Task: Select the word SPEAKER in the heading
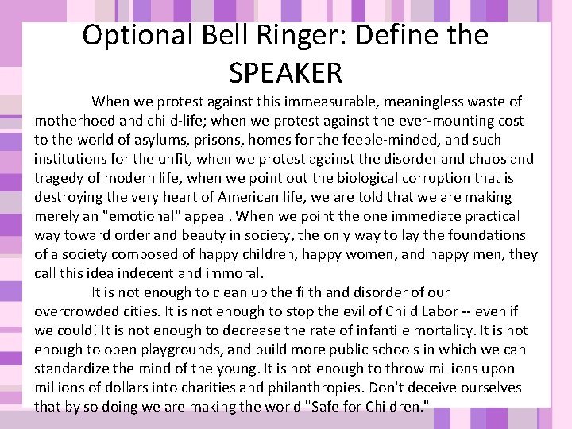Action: [285, 72]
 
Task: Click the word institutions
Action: [74, 159]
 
